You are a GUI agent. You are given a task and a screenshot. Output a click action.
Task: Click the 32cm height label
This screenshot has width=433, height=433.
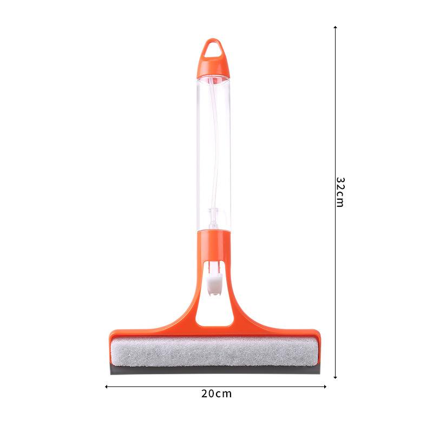click(339, 192)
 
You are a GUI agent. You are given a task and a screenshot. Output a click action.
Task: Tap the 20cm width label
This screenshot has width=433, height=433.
click(216, 393)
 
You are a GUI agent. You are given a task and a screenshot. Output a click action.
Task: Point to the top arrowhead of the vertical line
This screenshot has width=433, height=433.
click(336, 28)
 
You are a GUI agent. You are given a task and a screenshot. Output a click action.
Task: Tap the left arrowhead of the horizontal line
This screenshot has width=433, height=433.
click(107, 386)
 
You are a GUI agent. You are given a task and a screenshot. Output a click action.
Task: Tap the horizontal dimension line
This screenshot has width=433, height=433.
click(162, 386)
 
